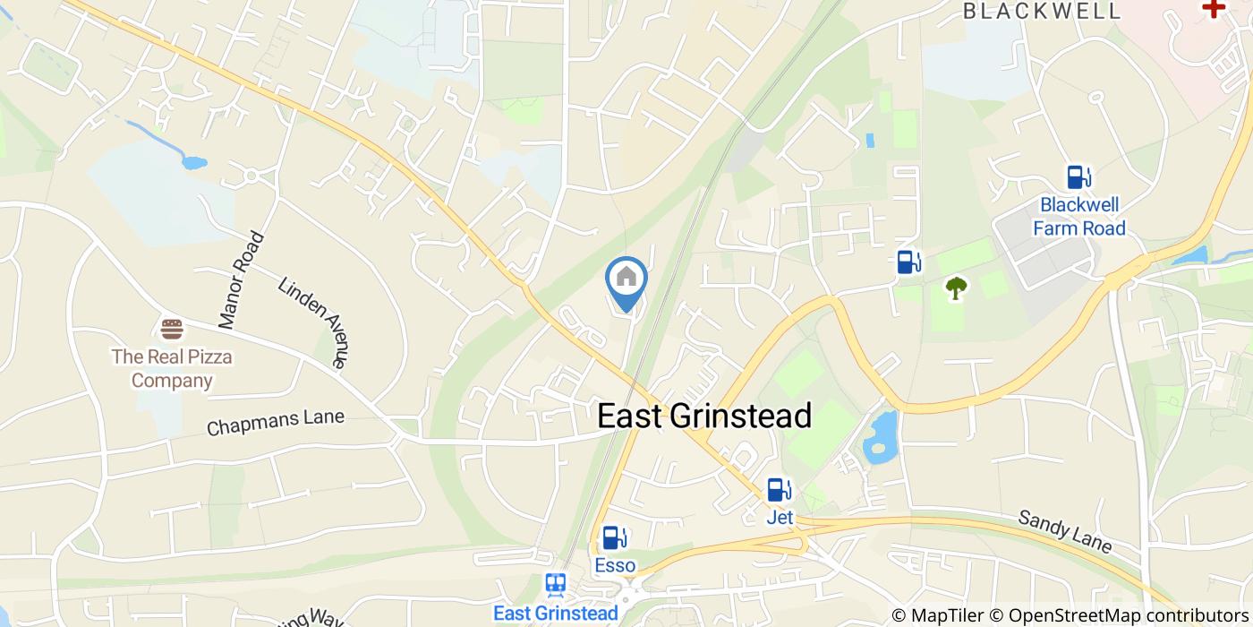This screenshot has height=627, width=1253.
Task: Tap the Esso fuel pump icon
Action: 613,537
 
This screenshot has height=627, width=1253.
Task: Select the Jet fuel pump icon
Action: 779,490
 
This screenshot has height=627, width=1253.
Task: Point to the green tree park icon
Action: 957,288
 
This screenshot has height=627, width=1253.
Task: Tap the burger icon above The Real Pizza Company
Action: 172,329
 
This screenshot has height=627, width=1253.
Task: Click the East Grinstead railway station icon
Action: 555,586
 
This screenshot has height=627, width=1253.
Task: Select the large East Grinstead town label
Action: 704,417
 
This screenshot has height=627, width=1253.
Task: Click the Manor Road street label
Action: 242,279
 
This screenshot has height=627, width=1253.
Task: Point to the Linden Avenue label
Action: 312,322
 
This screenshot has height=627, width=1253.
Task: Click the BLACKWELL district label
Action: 1042,12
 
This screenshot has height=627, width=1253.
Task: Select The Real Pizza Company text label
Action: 172,369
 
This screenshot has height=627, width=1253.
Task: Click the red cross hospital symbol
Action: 1214,8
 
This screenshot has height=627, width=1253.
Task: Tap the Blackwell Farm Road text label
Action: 1078,217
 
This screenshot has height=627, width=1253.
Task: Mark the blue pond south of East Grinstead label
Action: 879,438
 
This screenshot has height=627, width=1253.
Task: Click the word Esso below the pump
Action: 615,566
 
